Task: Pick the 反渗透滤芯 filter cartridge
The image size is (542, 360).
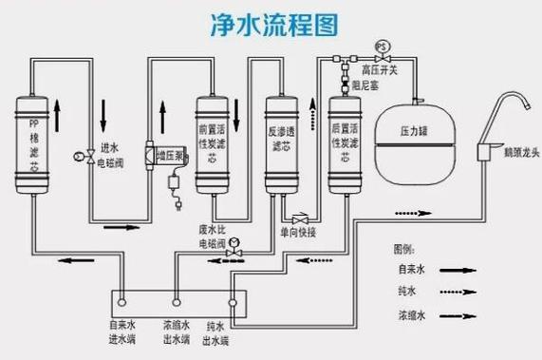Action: point(280,142)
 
